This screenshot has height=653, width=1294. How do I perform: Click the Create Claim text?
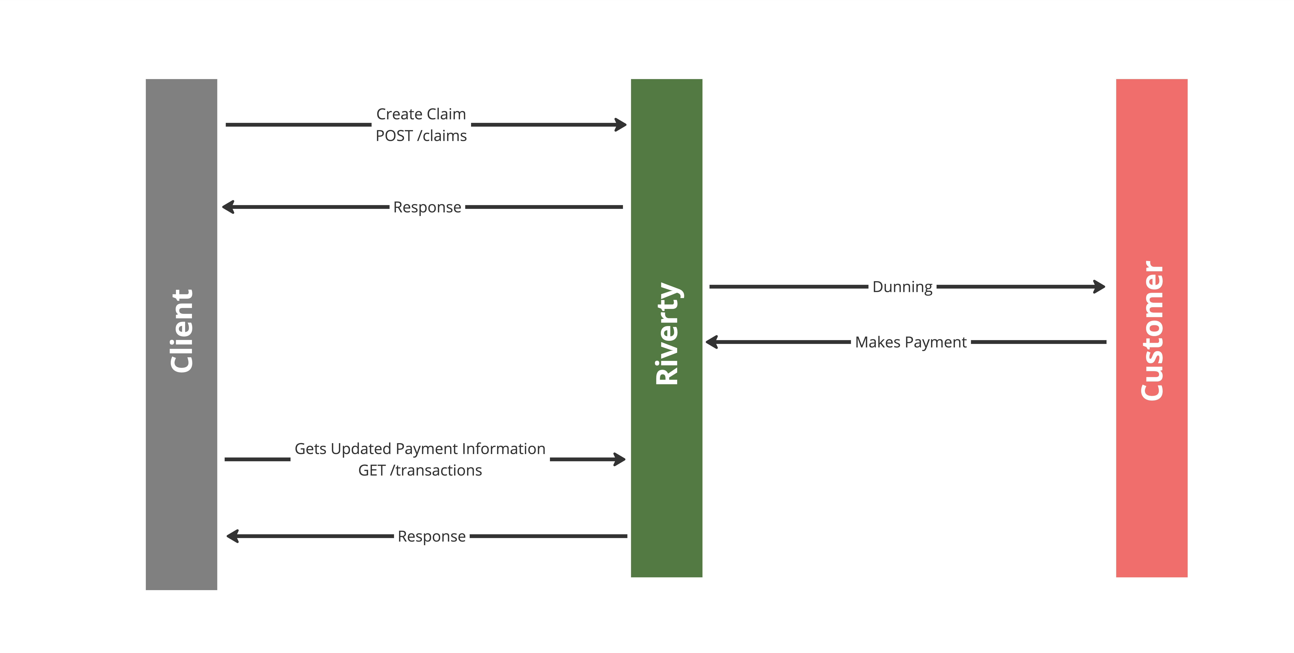[x=421, y=114]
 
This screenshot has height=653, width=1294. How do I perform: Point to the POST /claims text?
[x=421, y=136]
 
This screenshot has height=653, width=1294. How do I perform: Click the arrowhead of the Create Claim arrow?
[x=622, y=124]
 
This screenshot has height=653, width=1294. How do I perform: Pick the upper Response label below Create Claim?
[x=427, y=207]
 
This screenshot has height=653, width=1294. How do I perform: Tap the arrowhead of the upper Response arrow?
[x=228, y=207]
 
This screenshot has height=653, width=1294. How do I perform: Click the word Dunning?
[x=902, y=287]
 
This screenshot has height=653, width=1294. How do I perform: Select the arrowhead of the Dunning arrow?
[x=1100, y=287]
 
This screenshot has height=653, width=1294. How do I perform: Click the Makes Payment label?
[x=911, y=342]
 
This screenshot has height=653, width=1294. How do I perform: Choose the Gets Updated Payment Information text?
[x=420, y=449]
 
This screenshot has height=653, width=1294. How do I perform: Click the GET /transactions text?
[x=420, y=470]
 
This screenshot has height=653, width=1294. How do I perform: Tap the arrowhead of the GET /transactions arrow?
[x=620, y=459]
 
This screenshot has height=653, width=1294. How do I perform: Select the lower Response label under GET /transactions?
[x=432, y=537]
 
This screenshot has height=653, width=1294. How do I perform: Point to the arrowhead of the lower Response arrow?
[x=232, y=536]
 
